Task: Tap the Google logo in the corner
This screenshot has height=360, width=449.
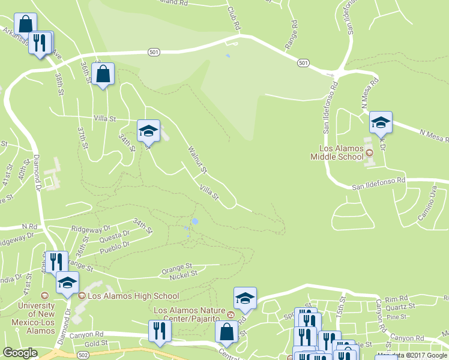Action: (x=20, y=353)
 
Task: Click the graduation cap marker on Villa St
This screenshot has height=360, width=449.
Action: (x=148, y=130)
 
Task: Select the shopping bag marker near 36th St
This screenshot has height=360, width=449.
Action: (x=103, y=74)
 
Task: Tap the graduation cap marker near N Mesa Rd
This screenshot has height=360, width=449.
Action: (x=380, y=122)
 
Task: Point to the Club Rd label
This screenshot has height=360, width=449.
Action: (x=235, y=20)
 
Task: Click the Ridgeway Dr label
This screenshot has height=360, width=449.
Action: (x=91, y=229)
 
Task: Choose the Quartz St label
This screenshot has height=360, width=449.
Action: (x=402, y=307)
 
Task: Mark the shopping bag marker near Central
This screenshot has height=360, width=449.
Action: (x=226, y=331)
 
